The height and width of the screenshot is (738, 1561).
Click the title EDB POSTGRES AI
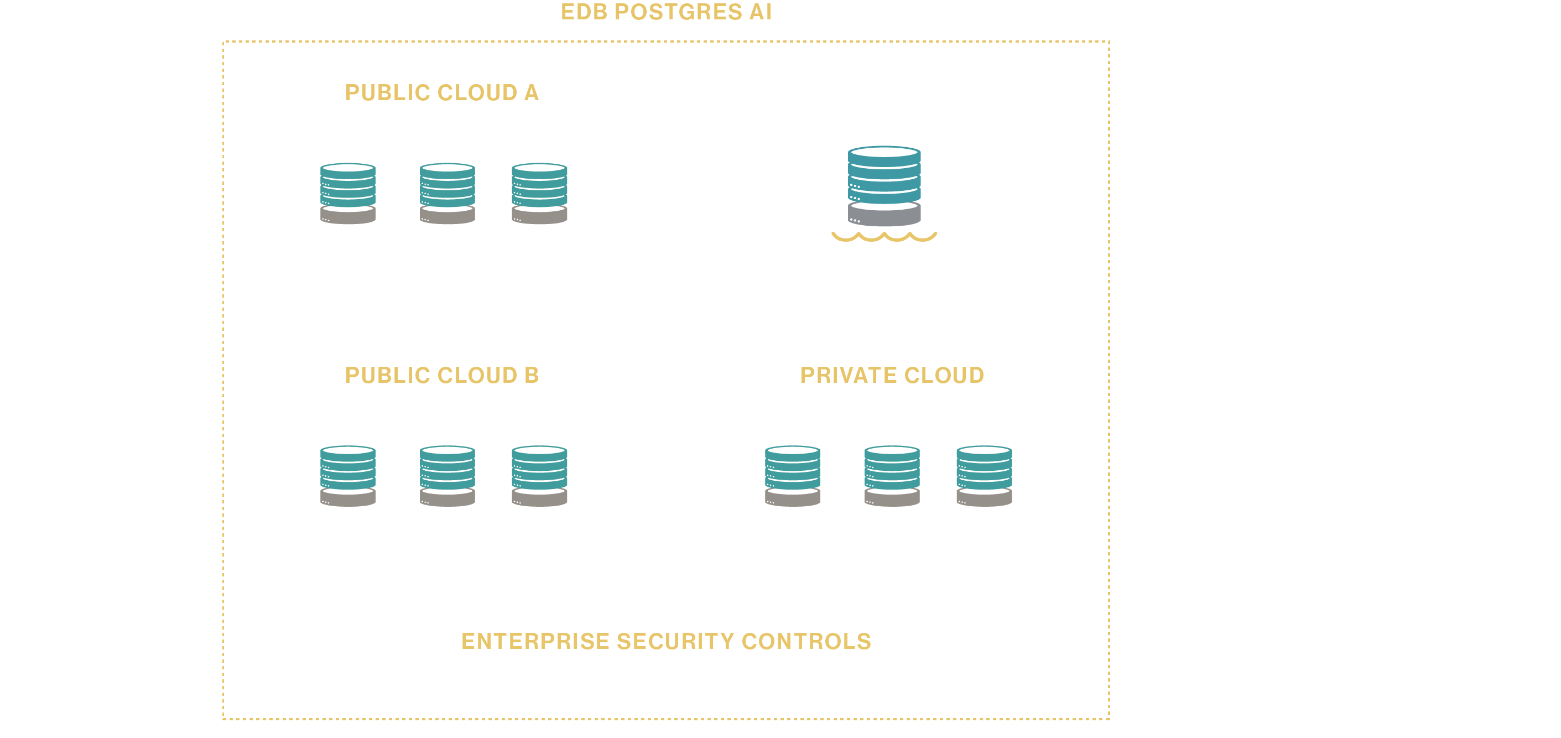(x=665, y=12)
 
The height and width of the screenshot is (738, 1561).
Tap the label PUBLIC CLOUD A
(x=442, y=93)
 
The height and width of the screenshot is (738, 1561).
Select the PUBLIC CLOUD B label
(x=442, y=375)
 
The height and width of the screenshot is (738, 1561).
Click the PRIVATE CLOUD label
(x=892, y=375)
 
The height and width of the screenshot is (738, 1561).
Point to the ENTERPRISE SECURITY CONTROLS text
(x=666, y=641)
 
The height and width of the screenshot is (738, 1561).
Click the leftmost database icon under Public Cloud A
(x=348, y=193)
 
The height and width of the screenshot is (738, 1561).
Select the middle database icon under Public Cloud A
(x=447, y=193)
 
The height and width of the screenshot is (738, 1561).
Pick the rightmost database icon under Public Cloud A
(x=539, y=193)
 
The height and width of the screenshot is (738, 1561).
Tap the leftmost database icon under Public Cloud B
(x=348, y=476)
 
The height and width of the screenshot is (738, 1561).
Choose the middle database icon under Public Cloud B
(x=447, y=476)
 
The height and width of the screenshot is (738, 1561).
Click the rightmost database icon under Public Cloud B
(x=539, y=476)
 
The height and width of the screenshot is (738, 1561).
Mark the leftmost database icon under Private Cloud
(x=793, y=476)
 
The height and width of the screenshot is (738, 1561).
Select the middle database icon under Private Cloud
(x=892, y=476)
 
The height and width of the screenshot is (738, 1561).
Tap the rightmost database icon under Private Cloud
(x=984, y=476)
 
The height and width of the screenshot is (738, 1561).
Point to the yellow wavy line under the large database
(x=884, y=237)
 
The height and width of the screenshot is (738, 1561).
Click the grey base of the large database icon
(x=884, y=216)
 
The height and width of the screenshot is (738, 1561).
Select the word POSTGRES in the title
(x=678, y=12)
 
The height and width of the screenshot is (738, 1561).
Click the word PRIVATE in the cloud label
(x=849, y=375)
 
